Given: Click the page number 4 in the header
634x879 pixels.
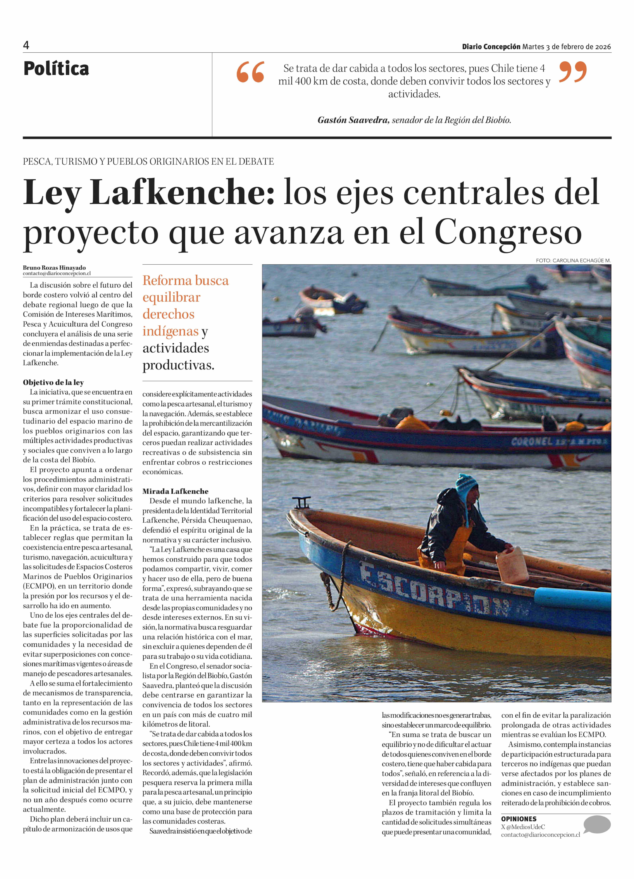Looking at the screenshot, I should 26,45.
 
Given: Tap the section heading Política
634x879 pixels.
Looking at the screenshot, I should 56,69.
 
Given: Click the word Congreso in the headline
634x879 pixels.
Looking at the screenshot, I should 508,233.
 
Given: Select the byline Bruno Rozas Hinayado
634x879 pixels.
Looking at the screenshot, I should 54,267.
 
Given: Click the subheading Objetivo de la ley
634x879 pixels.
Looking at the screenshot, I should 53,383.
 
